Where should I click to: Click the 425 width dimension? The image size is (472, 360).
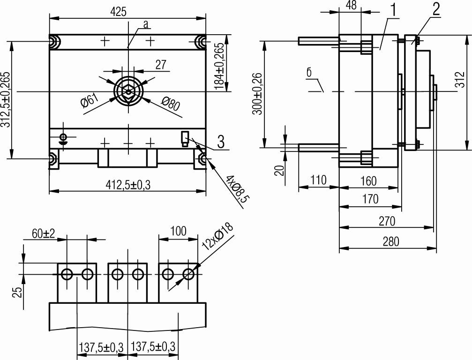tap(118, 12)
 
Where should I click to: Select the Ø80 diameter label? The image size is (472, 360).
tap(170, 104)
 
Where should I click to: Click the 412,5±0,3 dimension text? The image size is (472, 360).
tap(127, 185)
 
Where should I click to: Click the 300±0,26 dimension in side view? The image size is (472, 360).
tap(257, 94)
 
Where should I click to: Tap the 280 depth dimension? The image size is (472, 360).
tap(391, 242)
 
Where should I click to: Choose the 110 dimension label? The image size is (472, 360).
tap(318, 180)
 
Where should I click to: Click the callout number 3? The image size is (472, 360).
tap(221, 142)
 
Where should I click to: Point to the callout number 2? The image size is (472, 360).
tap(436, 9)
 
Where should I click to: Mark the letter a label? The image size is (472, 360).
tap(146, 24)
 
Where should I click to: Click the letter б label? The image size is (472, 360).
tap(309, 73)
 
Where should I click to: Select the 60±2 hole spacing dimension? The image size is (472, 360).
tap(43, 233)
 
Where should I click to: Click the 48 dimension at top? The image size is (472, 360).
tap(351, 5)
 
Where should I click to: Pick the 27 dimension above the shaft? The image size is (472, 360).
tap(161, 65)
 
